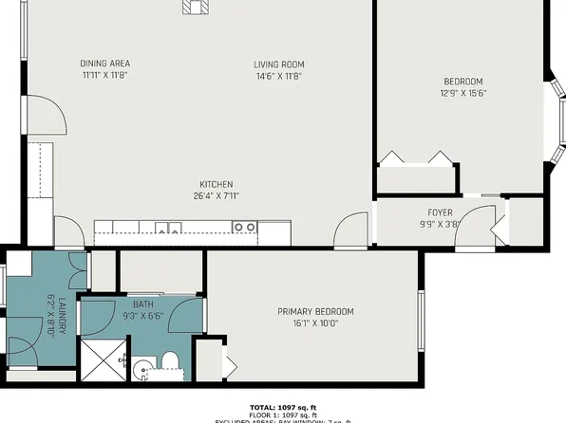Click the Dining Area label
point(104,64)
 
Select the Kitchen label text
point(216,184)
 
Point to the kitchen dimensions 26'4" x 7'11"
point(216,196)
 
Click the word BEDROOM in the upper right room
point(463,82)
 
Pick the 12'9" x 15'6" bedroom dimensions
point(463,93)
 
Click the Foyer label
point(440,212)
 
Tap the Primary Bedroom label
point(315,312)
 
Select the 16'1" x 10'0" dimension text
point(315,322)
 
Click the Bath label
point(142,304)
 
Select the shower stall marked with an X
point(101,359)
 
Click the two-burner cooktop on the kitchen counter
point(245,227)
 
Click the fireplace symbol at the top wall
point(196,7)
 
